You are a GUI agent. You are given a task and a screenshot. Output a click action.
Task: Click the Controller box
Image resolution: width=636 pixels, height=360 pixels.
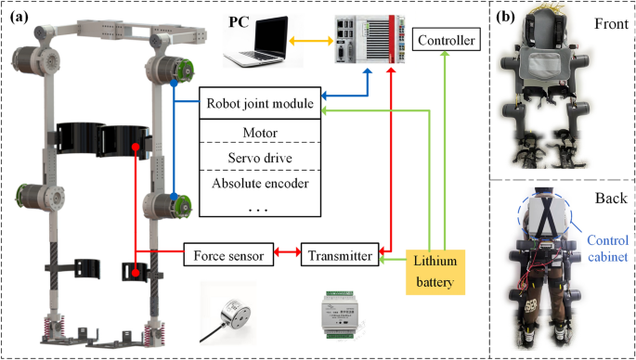(448, 41)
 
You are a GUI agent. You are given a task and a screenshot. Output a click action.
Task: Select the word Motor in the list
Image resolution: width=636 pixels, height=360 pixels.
(261, 132)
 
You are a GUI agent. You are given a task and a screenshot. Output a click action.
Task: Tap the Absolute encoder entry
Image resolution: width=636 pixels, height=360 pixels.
(261, 182)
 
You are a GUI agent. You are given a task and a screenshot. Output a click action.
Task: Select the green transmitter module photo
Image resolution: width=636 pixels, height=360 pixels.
(341, 308)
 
